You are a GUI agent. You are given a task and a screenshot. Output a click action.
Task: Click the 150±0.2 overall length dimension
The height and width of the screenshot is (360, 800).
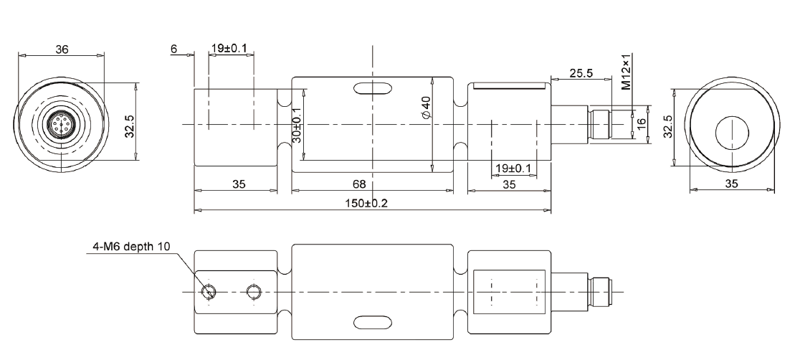tap(373, 203)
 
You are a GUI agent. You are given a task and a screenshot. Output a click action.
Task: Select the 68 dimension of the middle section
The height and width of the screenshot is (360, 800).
tap(373, 184)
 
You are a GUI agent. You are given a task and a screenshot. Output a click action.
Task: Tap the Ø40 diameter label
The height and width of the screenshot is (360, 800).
tap(426, 108)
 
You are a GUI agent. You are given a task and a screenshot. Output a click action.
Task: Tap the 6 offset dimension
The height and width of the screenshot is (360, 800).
tap(173, 49)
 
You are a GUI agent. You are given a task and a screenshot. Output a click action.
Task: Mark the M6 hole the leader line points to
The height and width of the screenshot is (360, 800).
tap(209, 292)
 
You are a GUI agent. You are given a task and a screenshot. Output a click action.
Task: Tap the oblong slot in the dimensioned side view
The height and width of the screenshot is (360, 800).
tap(373, 89)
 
